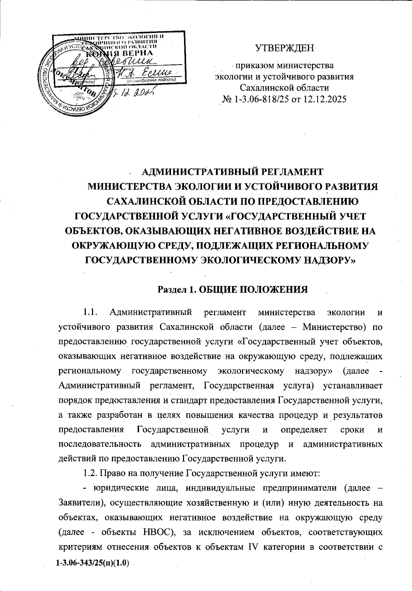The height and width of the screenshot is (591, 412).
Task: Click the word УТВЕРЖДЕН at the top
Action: click(284, 48)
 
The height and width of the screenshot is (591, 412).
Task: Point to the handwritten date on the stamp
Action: click(135, 91)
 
